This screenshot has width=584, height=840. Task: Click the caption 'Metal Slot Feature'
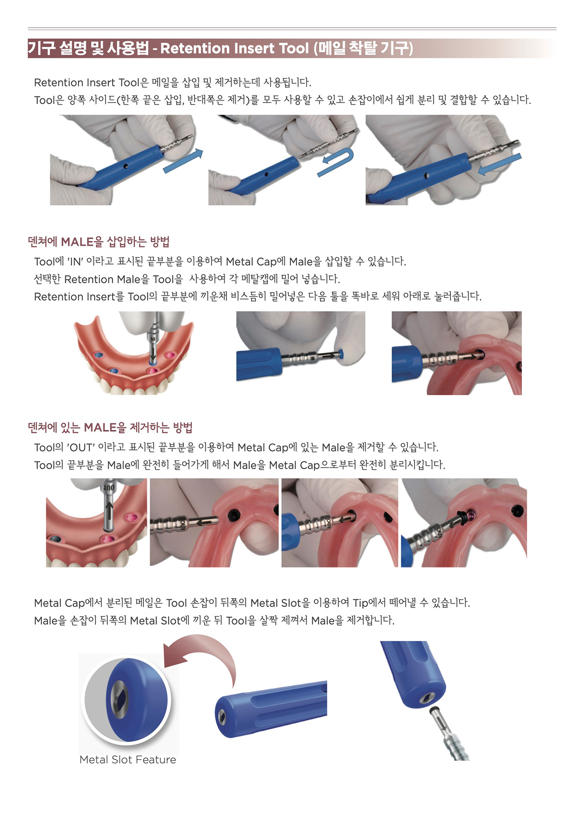point(128,760)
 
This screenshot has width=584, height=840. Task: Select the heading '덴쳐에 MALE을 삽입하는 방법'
point(99,241)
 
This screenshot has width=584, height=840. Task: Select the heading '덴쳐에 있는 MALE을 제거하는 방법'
point(110,428)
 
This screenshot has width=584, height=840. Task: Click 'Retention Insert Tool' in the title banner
point(235,48)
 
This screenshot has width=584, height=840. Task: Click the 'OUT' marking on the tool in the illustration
point(109,487)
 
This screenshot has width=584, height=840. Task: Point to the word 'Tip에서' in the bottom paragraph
point(369,603)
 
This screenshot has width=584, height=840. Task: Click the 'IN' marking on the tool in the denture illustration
point(153,339)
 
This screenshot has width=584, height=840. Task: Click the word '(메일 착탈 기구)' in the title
point(363,48)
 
